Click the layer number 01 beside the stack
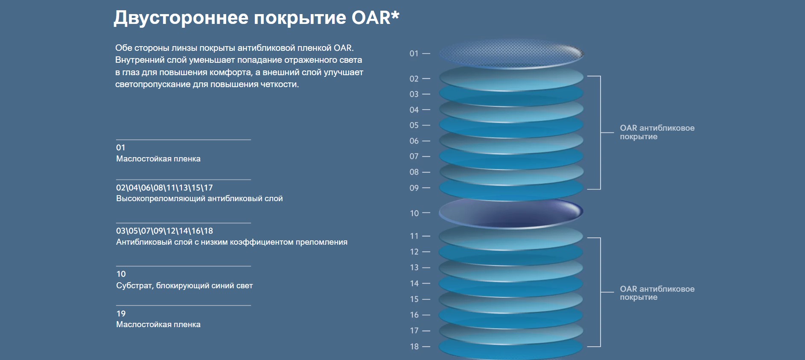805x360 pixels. [414, 53]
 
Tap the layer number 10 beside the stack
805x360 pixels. [414, 213]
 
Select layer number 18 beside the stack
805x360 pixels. [414, 346]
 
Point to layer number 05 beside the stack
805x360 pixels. [414, 125]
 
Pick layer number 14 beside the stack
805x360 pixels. [414, 283]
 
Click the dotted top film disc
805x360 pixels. [511, 54]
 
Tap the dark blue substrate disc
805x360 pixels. [511, 212]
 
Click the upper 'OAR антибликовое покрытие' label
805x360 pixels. [657, 132]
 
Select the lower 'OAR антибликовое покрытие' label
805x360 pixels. [657, 293]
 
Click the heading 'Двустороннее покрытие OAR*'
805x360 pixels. [257, 18]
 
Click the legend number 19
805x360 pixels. [121, 313]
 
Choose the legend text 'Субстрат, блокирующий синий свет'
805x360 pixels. [184, 286]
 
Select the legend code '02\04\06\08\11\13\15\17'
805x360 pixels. [164, 187]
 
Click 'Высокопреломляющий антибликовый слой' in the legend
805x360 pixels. [199, 199]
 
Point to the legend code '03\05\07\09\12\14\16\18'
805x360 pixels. [164, 231]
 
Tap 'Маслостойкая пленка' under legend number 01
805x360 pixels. [158, 159]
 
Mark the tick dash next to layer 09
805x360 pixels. [426, 188]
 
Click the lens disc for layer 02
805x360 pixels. [511, 78]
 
